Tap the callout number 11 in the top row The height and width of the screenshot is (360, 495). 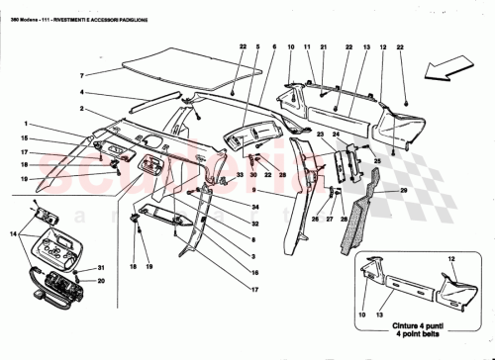[x=307, y=46]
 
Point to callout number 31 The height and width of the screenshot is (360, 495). [x=100, y=269]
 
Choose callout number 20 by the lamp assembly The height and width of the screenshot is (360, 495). [x=100, y=281]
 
